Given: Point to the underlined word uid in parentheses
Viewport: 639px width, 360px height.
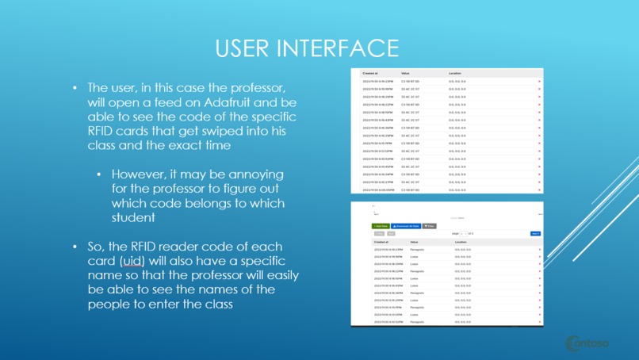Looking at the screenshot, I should (x=133, y=261).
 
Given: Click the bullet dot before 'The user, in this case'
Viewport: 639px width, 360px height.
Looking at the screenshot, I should (x=75, y=88).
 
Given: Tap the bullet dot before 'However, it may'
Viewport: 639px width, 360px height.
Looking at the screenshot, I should (x=98, y=174).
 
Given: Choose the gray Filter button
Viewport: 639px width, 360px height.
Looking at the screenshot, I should (x=429, y=226).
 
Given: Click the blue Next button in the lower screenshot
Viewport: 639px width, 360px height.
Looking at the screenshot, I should (x=535, y=234).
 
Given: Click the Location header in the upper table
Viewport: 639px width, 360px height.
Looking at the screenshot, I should (x=455, y=73).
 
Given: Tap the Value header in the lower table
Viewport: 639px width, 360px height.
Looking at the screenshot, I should (x=414, y=242).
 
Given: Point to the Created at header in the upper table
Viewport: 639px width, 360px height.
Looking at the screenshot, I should (x=370, y=73).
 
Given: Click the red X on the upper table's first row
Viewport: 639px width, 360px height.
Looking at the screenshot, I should (x=539, y=81).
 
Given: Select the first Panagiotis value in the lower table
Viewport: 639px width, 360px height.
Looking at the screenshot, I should (x=418, y=250).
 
